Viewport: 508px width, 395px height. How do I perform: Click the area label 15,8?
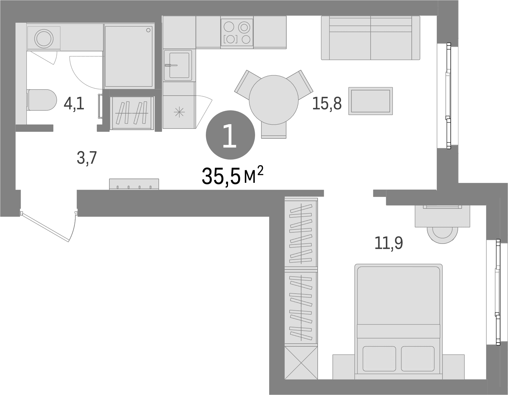pyautogui.click(x=327, y=103)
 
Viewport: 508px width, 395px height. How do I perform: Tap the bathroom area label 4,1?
pyautogui.click(x=74, y=103)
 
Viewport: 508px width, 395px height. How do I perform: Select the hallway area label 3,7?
pyautogui.click(x=87, y=158)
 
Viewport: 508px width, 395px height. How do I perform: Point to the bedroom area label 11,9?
pyautogui.click(x=389, y=243)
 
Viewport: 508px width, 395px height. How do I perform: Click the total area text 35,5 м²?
pyautogui.click(x=232, y=175)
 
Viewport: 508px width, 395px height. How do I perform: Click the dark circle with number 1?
pyautogui.click(x=230, y=135)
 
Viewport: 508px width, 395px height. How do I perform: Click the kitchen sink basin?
pyautogui.click(x=179, y=65)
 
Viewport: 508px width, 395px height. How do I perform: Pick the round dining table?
pyautogui.click(x=274, y=100)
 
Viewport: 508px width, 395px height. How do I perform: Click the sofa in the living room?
pyautogui.click(x=370, y=38)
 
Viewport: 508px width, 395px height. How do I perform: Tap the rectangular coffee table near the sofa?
pyautogui.click(x=370, y=101)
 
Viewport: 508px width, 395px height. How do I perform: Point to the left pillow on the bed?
pyautogui.click(x=379, y=359)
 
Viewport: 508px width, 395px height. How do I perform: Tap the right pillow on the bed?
pyautogui.click(x=418, y=359)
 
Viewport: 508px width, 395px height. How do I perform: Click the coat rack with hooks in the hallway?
pyautogui.click(x=134, y=184)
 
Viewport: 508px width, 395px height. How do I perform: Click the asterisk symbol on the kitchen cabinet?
pyautogui.click(x=179, y=113)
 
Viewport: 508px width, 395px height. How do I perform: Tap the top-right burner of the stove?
pyautogui.click(x=244, y=27)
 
